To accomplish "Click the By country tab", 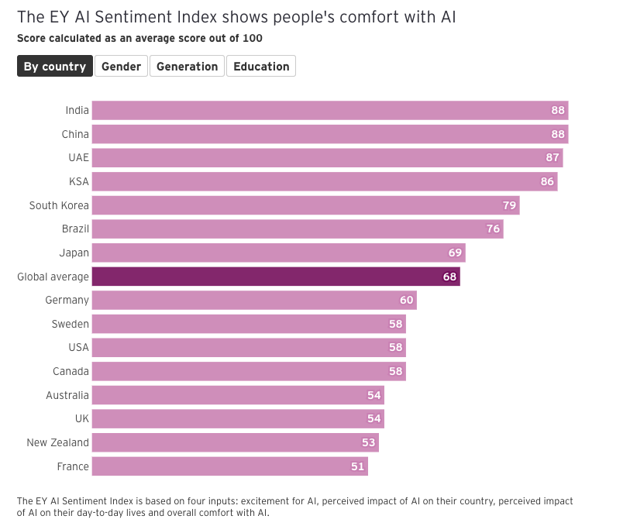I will (x=55, y=67).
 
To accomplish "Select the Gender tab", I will (x=122, y=67).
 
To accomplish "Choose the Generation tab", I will (x=188, y=67).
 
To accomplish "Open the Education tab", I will (x=261, y=67).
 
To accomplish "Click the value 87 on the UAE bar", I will (x=553, y=158).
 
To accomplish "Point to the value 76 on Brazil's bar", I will (x=493, y=229).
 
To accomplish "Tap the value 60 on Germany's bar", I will (x=407, y=301).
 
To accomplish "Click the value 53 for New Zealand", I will (x=368, y=443).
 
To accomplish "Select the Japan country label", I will (x=74, y=253).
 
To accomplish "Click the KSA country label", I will (x=78, y=181).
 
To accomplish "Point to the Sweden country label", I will (x=71, y=324).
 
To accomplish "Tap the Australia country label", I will (x=67, y=395).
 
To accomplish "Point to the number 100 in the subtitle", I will (x=252, y=38).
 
